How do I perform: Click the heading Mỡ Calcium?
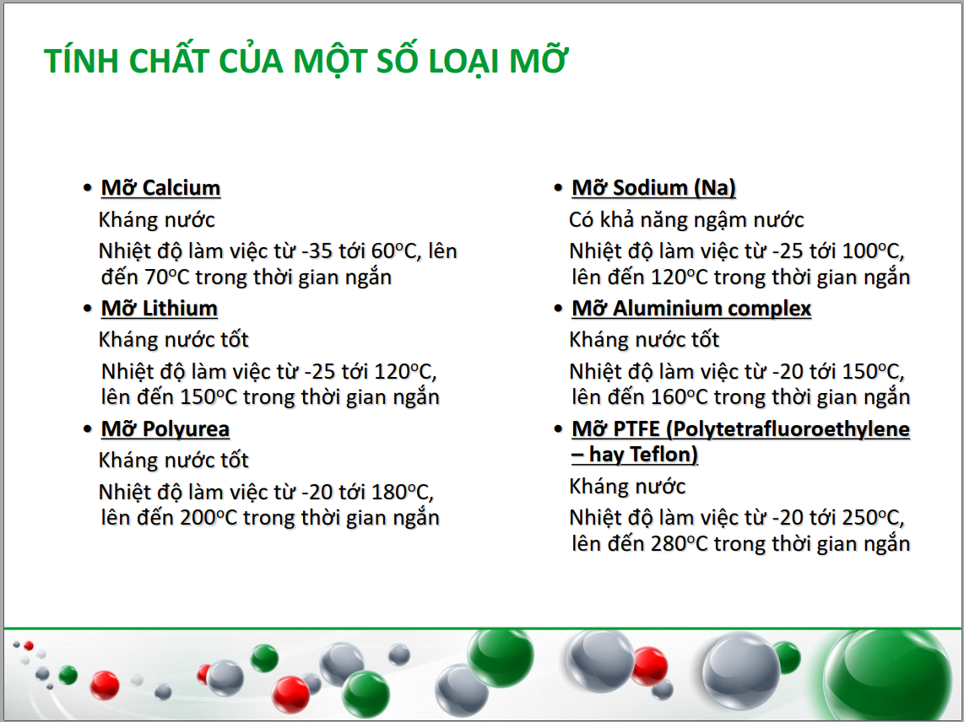(x=160, y=188)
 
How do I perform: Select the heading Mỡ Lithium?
(x=160, y=309)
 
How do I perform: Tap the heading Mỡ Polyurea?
(x=165, y=429)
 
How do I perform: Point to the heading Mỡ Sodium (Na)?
(x=653, y=188)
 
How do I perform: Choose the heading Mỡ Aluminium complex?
(x=691, y=309)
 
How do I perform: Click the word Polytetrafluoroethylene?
(x=791, y=429)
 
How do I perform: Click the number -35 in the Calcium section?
(x=317, y=251)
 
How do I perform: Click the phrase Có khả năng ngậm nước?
(x=686, y=220)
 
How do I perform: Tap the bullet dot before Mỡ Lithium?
(x=88, y=309)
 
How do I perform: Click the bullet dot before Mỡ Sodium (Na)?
(x=558, y=188)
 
